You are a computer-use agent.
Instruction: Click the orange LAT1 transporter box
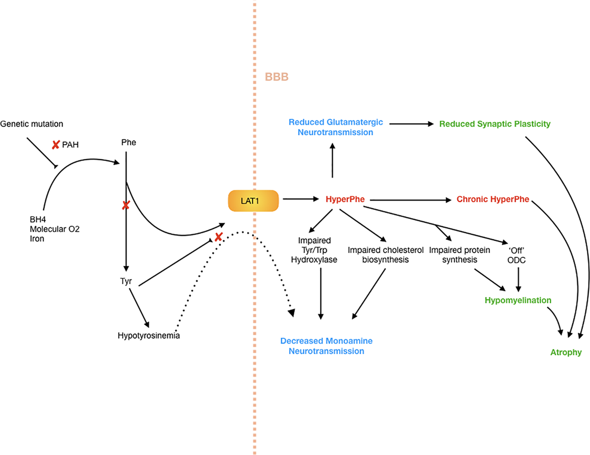(x=253, y=201)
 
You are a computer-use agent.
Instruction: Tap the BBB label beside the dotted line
(x=276, y=77)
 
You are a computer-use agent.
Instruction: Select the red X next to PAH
(x=55, y=145)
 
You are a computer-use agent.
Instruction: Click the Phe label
(x=129, y=142)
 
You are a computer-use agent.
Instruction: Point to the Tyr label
(x=126, y=281)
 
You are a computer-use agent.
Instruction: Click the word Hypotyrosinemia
(x=149, y=336)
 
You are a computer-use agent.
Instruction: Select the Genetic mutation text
(x=32, y=124)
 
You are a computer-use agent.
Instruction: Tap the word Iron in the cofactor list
(x=37, y=239)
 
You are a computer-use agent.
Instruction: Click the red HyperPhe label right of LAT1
(x=345, y=199)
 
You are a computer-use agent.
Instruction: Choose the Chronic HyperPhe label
(x=492, y=199)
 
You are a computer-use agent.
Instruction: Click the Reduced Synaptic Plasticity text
(x=494, y=124)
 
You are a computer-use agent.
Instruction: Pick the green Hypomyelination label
(x=518, y=300)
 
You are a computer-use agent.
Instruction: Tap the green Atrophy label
(x=566, y=352)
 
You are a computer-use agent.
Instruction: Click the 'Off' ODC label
(x=516, y=255)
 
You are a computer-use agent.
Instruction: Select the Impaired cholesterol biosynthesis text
(x=385, y=255)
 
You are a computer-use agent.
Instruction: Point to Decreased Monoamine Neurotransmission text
(x=326, y=346)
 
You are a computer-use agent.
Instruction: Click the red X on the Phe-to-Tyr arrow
(x=126, y=205)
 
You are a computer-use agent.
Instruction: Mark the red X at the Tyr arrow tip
(x=218, y=237)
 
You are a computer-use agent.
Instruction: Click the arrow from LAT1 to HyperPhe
(x=300, y=199)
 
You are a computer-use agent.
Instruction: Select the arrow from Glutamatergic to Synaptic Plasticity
(x=411, y=124)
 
